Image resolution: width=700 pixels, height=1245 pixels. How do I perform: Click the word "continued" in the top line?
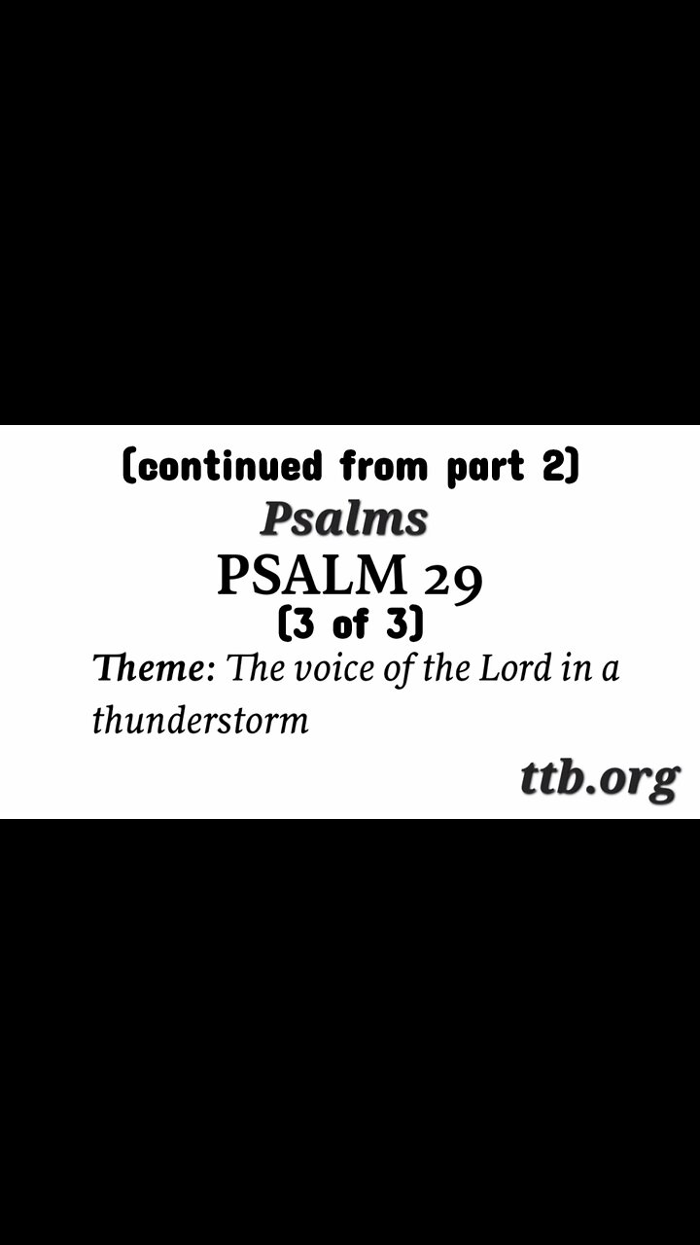230,467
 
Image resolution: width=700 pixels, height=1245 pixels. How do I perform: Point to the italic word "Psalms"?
344,520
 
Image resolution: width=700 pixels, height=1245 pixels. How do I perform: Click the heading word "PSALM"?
312,575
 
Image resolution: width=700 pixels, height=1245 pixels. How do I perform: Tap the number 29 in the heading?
452,579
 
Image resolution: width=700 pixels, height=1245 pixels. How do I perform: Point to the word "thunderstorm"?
200,721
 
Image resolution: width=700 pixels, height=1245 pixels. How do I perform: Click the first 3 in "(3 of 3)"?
301,623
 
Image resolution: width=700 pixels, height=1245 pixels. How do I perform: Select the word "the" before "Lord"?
443,669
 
